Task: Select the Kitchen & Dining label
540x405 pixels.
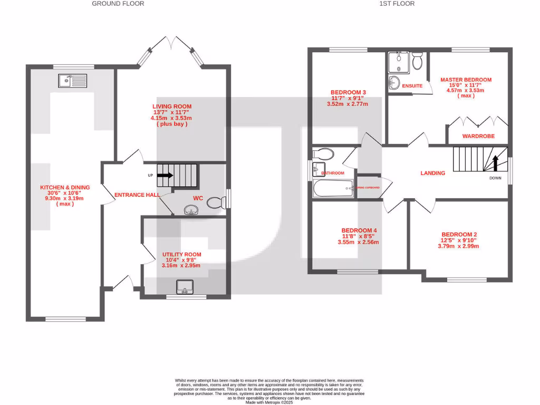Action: coord(65,187)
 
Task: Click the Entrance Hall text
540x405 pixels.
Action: coord(137,195)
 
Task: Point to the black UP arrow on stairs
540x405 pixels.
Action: coord(165,175)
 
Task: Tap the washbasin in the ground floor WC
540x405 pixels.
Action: coord(190,211)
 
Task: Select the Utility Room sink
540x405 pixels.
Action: coord(185,287)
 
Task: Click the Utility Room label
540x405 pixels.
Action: coord(181,255)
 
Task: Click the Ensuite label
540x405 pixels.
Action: coord(412,85)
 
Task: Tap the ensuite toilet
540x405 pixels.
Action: coord(417,61)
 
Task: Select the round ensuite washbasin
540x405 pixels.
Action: coord(394,82)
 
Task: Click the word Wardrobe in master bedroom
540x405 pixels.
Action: coord(478,136)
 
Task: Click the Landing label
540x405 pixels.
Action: coord(432,173)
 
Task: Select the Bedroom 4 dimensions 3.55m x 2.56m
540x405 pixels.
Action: coord(358,243)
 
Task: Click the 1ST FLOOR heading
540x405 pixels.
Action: coord(397,4)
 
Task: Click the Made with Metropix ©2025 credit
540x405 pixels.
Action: coord(269,402)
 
